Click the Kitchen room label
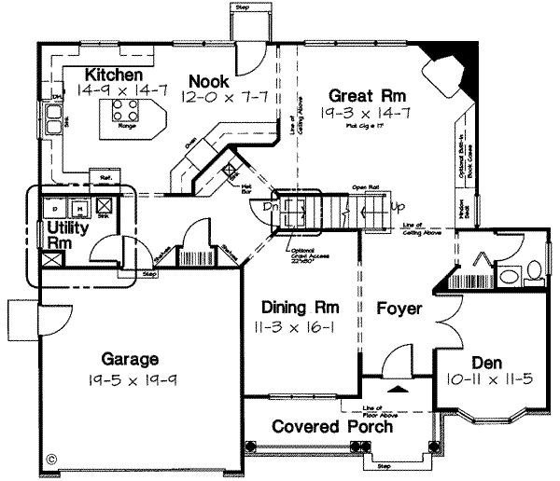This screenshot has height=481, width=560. pos(114,74)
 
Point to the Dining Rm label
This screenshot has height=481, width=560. pos(300,308)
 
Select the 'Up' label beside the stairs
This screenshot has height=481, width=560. pos(398,205)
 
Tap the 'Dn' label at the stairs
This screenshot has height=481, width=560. pos(271,206)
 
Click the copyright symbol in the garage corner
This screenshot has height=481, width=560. pos(50,459)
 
